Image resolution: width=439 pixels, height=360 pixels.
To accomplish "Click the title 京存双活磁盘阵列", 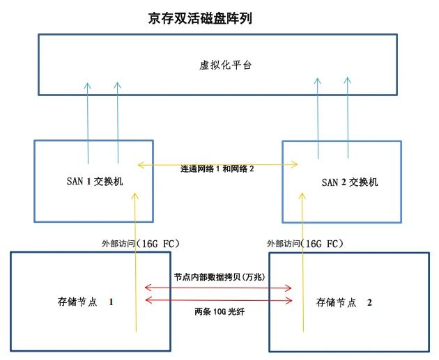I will pyautogui.click(x=200, y=18).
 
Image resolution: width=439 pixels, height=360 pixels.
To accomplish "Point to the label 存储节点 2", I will pyautogui.click(x=346, y=303).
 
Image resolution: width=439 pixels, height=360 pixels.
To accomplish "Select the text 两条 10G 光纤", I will pyautogui.click(x=219, y=311).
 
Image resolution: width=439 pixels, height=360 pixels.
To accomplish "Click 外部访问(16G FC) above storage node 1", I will pyautogui.click(x=141, y=244).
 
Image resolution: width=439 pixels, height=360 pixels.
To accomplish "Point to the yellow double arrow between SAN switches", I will pyautogui.click(x=218, y=164).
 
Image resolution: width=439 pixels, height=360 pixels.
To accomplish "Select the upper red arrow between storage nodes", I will pyautogui.click(x=218, y=287).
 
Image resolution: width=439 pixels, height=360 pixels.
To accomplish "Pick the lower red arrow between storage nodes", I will pyautogui.click(x=218, y=300).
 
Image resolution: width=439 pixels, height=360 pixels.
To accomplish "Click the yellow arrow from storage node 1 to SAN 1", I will pyautogui.click(x=135, y=265).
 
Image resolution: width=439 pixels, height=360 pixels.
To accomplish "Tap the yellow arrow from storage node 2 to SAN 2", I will pyautogui.click(x=300, y=265).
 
